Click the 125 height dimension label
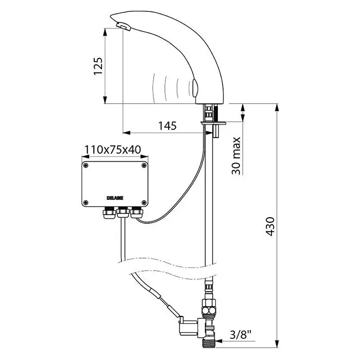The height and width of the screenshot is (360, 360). [x=98, y=66]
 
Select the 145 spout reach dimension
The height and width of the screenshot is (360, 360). [x=168, y=126]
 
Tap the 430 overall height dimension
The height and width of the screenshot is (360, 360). [x=270, y=227]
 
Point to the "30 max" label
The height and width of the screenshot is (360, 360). [x=236, y=156]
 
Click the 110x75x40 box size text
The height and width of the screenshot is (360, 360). [x=113, y=149]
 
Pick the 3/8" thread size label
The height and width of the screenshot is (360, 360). [x=241, y=336]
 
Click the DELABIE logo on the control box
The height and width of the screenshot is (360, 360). [x=115, y=198]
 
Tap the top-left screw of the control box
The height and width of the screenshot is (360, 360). [x=86, y=166]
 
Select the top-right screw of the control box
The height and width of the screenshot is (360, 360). [x=144, y=166]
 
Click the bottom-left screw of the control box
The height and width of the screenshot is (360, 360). [x=86, y=203]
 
